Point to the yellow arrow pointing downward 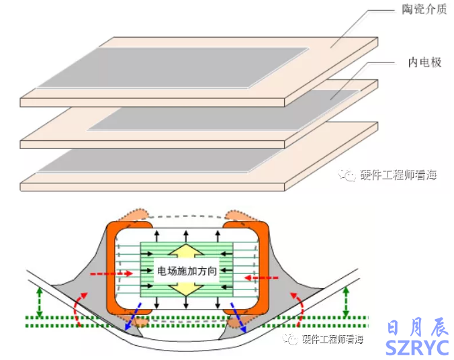(x=187, y=288)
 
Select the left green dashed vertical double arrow (x=39, y=302)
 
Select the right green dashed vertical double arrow (x=345, y=302)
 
